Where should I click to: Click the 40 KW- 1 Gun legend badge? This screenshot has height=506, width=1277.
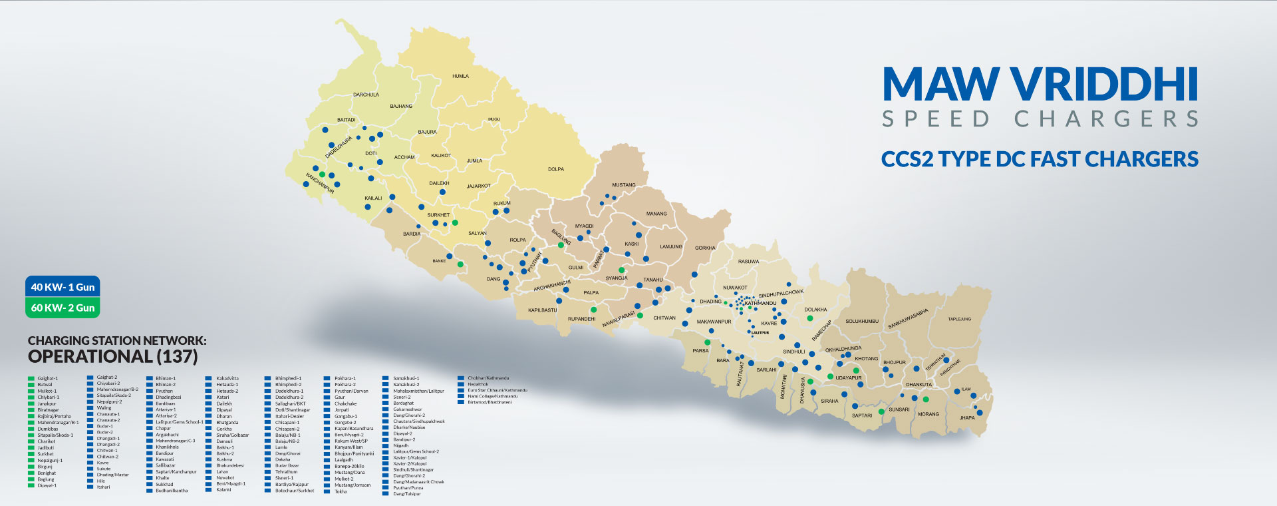(63, 287)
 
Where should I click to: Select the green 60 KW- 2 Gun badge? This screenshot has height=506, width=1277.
(63, 308)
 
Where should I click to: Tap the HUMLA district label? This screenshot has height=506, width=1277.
(460, 76)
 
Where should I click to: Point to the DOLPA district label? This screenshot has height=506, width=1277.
(556, 169)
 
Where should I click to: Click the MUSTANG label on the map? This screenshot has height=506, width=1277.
(623, 185)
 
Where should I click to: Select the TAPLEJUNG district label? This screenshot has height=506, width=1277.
(959, 319)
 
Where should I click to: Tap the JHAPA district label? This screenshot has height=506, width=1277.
(966, 418)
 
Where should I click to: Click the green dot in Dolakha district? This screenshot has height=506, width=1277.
(810, 318)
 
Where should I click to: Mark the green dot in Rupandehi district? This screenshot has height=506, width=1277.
(593, 310)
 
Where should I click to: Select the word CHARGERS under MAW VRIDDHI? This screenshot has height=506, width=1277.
(1105, 119)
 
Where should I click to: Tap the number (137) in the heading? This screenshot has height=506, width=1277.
(177, 357)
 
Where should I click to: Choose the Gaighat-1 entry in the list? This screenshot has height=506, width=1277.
(47, 378)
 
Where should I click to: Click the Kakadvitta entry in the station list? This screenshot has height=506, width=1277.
(227, 378)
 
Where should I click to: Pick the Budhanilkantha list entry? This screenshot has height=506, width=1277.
(172, 491)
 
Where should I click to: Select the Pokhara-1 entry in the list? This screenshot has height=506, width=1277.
(345, 378)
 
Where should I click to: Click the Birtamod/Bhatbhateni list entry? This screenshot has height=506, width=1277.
(490, 402)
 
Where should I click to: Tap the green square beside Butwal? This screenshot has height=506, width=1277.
(31, 385)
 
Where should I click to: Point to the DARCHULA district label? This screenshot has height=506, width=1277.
(366, 95)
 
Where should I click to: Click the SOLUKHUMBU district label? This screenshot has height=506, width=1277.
(861, 322)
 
